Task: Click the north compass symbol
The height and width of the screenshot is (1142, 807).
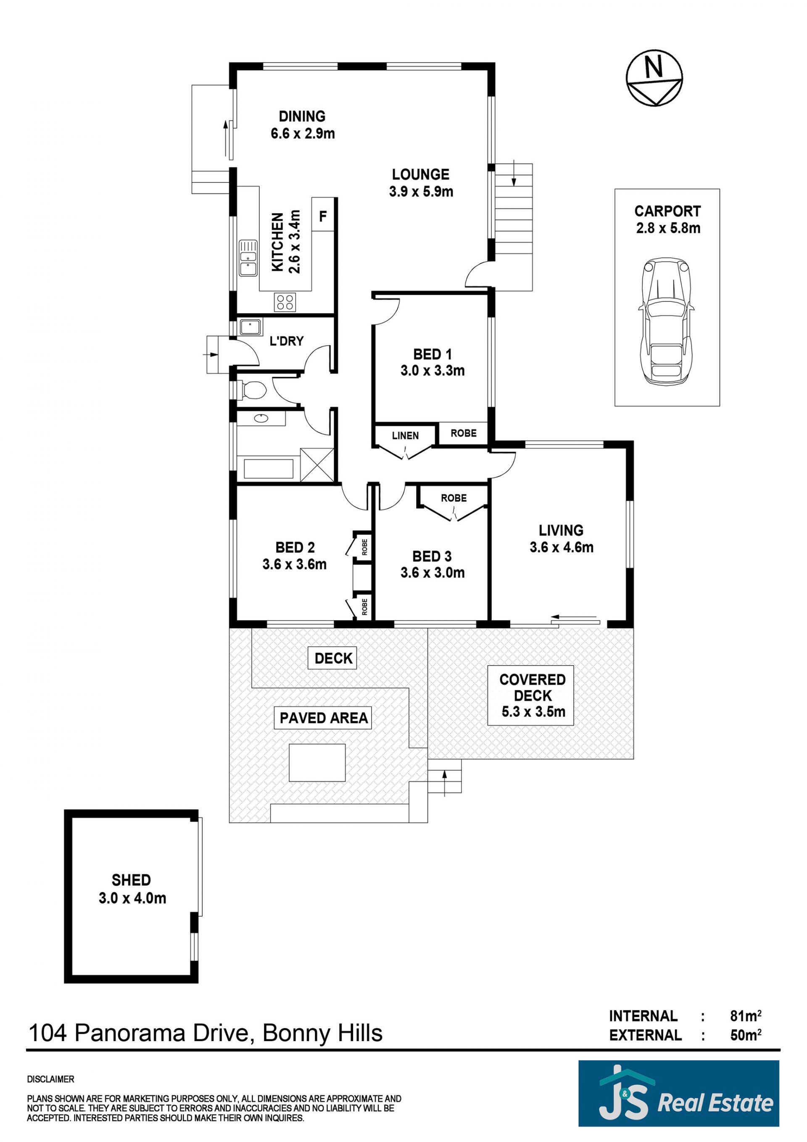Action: [654, 79]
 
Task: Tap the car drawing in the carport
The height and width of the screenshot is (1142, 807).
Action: [666, 321]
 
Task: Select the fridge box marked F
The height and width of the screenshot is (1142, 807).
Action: [323, 214]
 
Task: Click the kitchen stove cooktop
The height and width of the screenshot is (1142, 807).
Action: [285, 301]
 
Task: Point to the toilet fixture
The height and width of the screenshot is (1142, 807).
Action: [252, 389]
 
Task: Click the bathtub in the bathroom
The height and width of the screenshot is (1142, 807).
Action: [268, 468]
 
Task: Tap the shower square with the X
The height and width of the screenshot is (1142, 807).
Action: [317, 464]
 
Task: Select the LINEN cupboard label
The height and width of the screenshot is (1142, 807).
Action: [405, 436]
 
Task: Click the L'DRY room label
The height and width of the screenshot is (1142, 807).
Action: [286, 341]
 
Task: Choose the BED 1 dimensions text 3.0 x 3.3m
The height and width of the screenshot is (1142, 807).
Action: [433, 370]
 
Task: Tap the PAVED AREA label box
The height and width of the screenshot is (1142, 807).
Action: [323, 718]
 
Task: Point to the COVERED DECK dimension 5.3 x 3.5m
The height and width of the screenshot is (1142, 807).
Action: [533, 712]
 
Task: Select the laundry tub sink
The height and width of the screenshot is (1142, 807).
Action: [251, 327]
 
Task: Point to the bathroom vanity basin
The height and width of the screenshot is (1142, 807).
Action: [261, 418]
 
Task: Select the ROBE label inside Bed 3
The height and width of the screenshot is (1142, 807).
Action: [454, 498]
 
